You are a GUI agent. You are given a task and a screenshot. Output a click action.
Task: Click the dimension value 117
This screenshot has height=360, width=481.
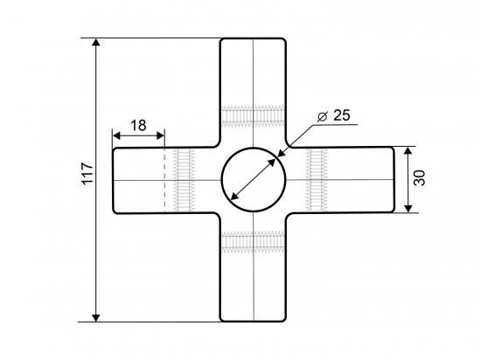coord(87,173)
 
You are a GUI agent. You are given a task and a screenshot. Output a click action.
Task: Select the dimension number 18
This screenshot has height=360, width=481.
coord(138,125)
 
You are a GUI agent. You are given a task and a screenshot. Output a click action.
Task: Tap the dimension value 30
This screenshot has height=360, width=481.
coord(419,177)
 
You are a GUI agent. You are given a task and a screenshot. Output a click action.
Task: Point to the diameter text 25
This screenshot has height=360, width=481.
coord(341,115)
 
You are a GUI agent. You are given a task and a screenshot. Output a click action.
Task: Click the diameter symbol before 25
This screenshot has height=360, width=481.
coord(322,116)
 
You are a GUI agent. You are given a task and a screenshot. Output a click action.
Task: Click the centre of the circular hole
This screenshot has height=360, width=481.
coord(254,179)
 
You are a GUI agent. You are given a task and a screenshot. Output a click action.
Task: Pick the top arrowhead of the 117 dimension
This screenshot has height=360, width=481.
coord(96,42)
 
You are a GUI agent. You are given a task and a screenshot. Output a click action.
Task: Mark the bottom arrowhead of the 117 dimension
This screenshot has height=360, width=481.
coord(96,318)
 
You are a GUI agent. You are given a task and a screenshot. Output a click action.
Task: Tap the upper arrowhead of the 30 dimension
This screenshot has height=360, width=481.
coord(408,151)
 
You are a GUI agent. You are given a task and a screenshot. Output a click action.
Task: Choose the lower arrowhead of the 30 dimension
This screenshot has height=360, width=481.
coord(408,208)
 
